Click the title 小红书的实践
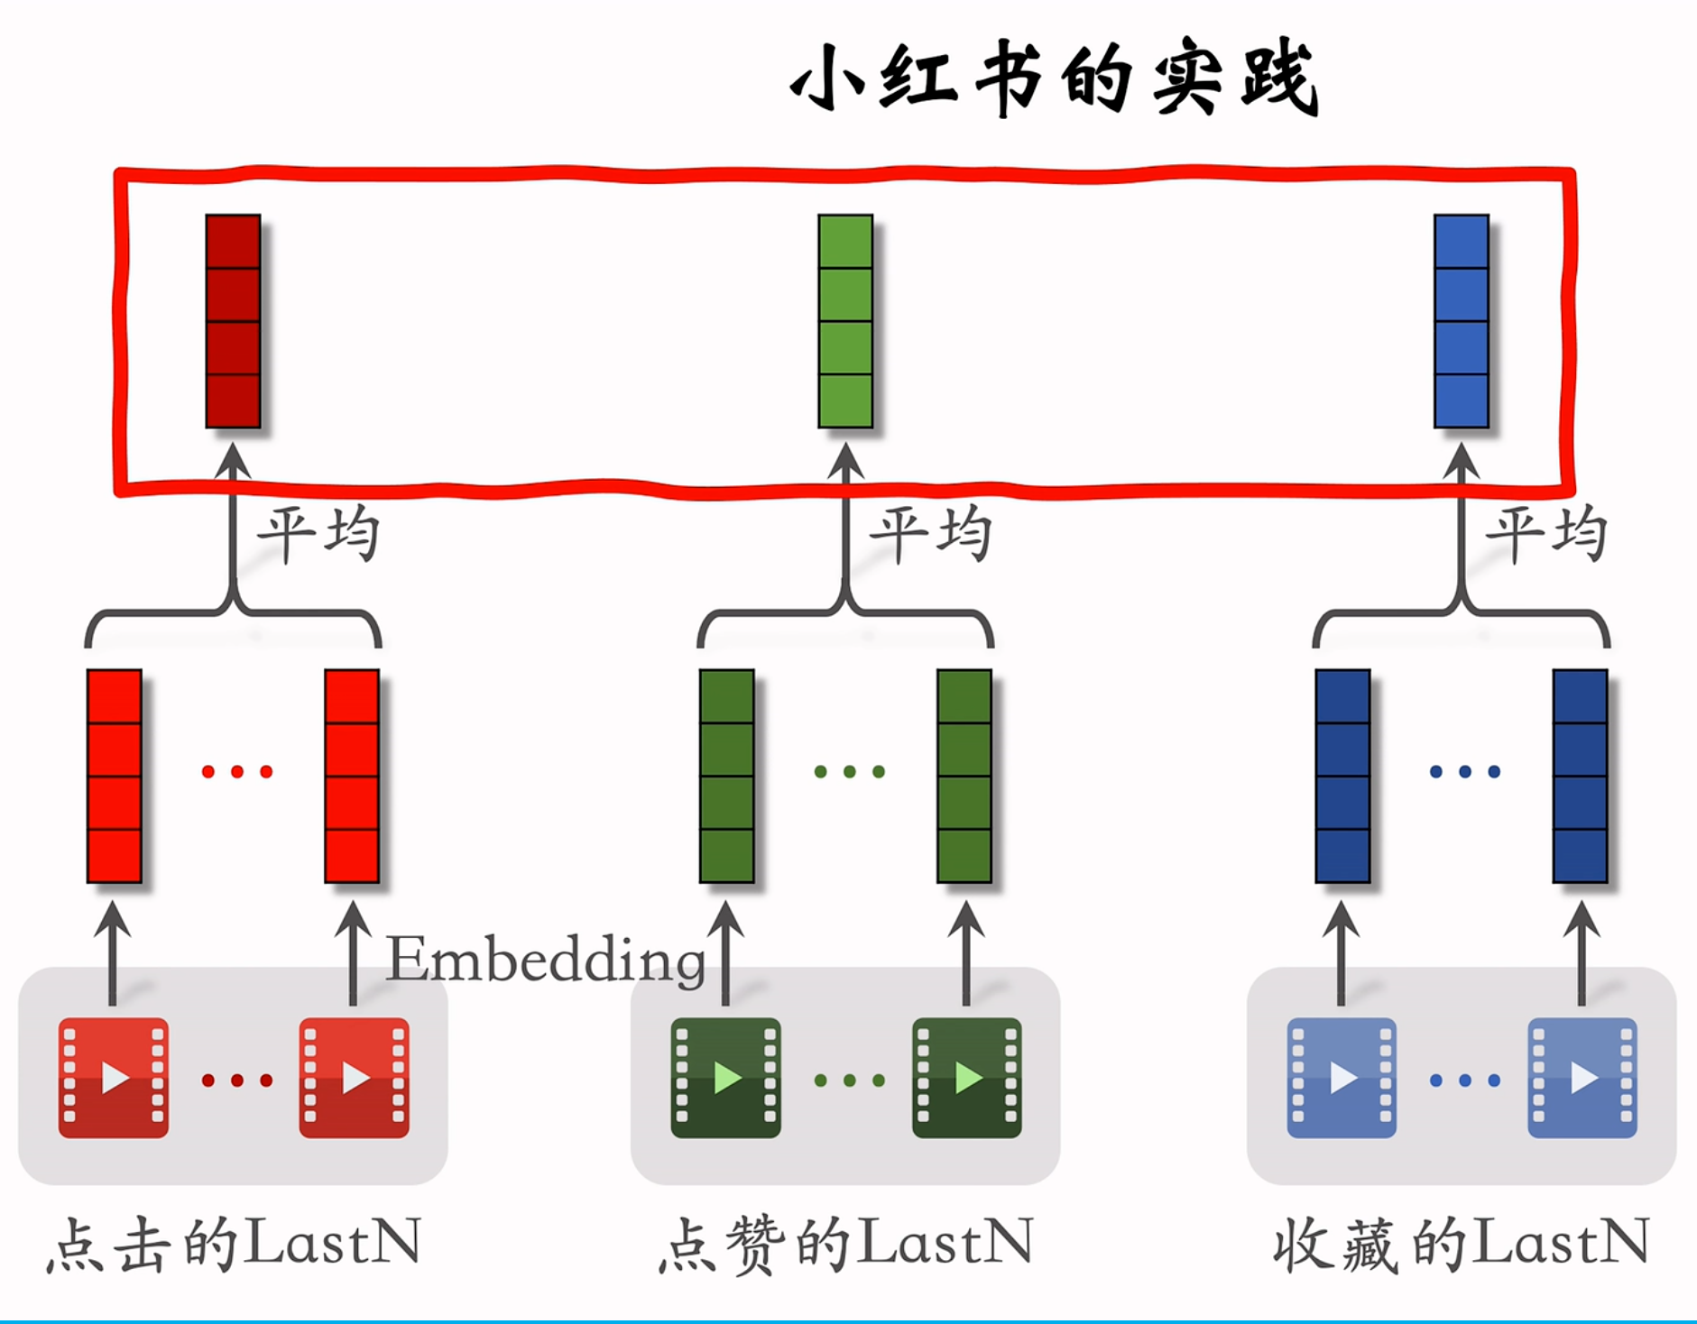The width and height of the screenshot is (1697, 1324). click(x=1054, y=79)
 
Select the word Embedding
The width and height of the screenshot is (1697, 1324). click(x=546, y=960)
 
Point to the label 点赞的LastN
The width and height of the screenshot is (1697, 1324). click(x=846, y=1245)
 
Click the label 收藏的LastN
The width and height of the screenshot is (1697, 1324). click(x=1462, y=1245)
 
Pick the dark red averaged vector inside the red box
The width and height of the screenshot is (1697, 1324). click(x=233, y=321)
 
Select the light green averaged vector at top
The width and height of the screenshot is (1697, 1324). click(x=845, y=321)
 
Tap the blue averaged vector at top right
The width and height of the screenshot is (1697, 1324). click(x=1461, y=321)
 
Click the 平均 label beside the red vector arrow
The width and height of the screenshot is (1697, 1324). click(x=318, y=534)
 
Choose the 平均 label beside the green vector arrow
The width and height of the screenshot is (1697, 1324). click(x=929, y=534)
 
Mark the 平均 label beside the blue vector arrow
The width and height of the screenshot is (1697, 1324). click(x=1545, y=534)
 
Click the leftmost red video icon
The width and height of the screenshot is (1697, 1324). click(x=114, y=1078)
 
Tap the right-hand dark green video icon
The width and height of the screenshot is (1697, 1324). click(x=966, y=1078)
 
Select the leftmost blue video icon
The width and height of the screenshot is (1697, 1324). click(x=1342, y=1078)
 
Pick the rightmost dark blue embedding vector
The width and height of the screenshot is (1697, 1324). click(x=1580, y=776)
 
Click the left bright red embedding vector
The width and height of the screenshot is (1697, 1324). click(x=115, y=776)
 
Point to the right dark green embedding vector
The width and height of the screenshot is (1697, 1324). click(x=964, y=776)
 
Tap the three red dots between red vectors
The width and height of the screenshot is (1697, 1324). click(x=236, y=772)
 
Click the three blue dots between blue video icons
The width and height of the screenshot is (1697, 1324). click(x=1465, y=1080)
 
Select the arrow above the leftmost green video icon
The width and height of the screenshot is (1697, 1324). click(x=725, y=952)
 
